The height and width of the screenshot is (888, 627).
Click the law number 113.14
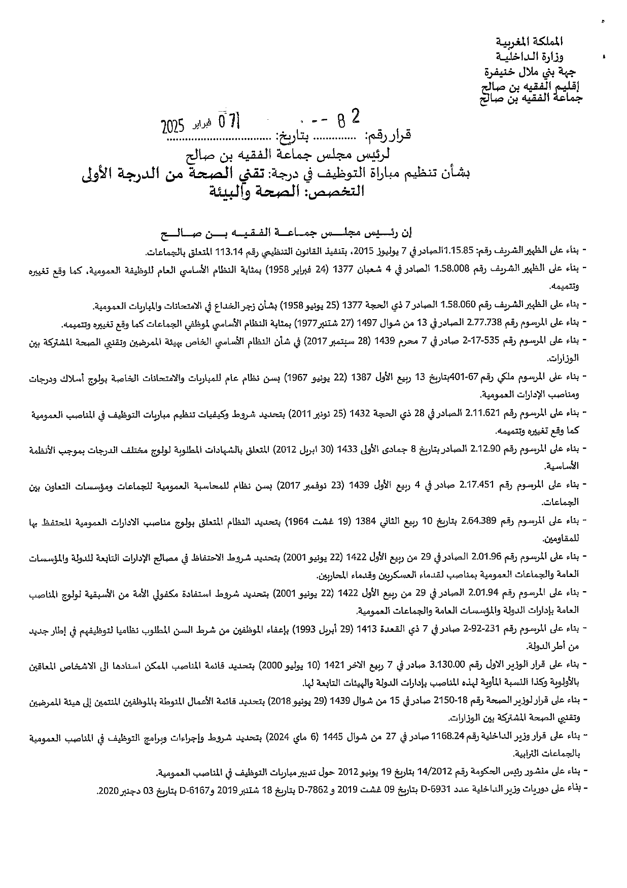pyautogui.click(x=227, y=251)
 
